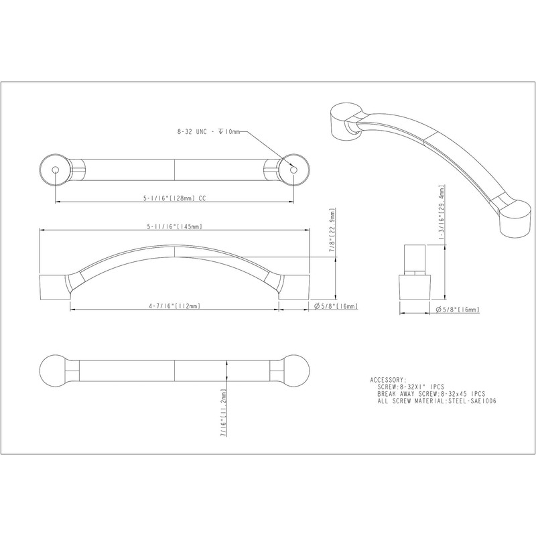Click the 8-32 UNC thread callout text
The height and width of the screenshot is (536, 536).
(205, 133)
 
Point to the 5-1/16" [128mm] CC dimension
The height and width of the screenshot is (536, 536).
(174, 198)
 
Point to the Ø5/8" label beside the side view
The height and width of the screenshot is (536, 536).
(335, 307)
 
